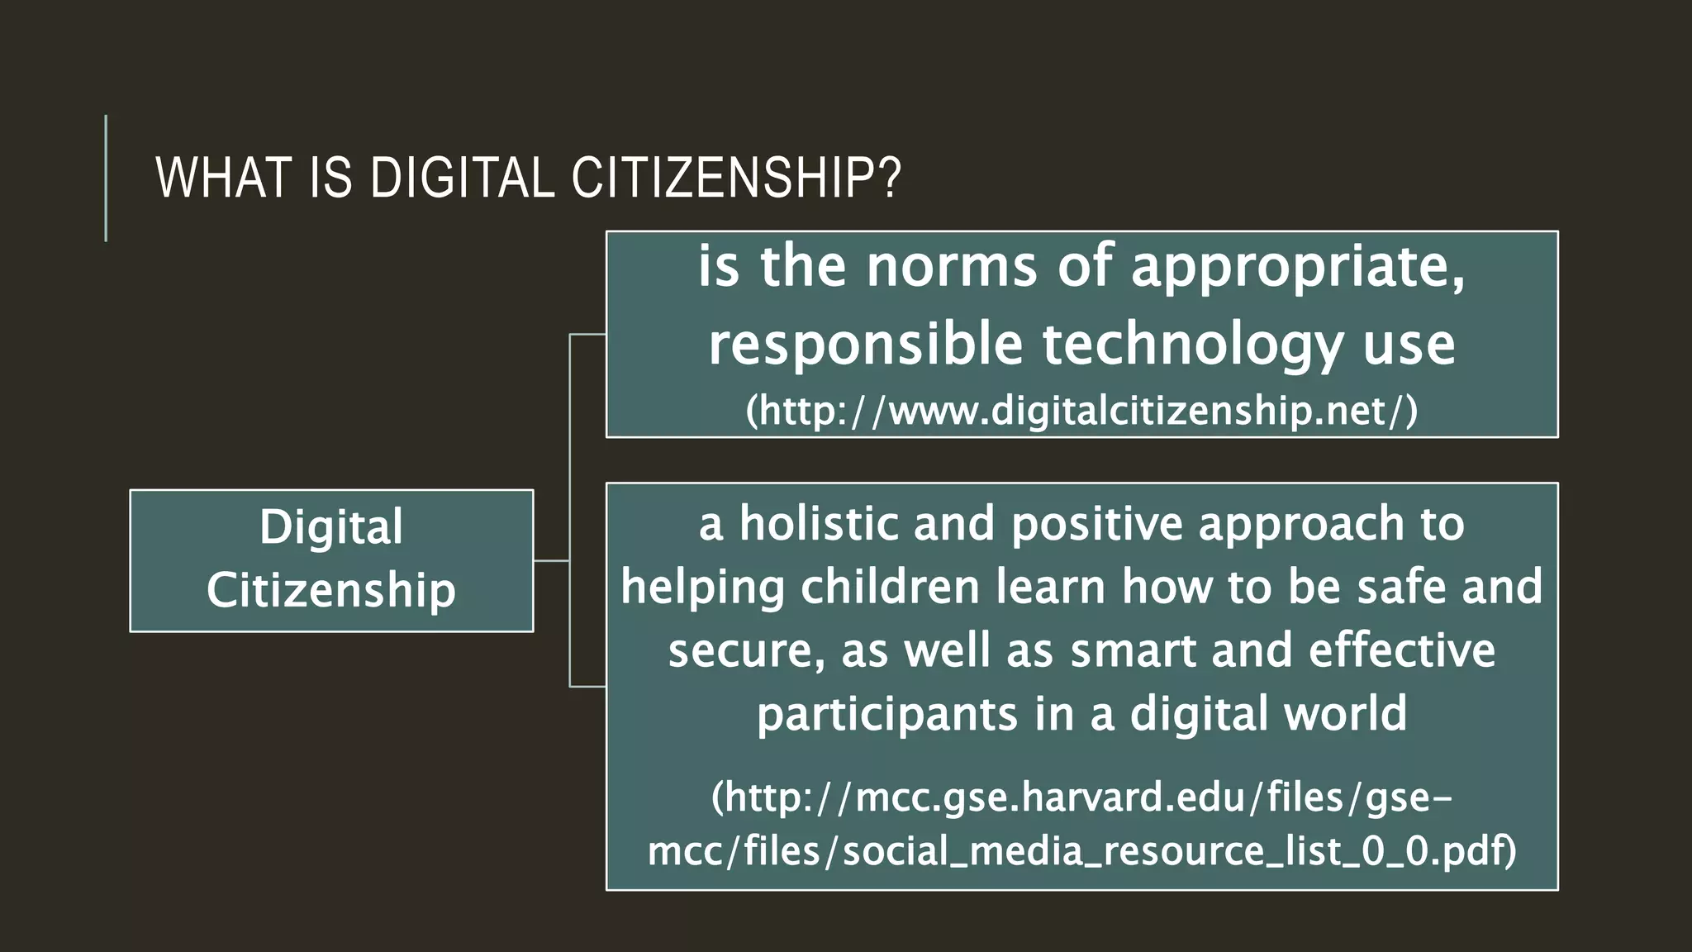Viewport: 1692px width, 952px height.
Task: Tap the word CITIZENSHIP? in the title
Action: coord(736,178)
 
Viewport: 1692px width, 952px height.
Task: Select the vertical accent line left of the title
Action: coord(106,178)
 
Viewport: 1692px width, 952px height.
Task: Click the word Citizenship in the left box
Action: coord(331,590)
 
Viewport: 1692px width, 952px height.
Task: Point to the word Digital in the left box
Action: coord(331,527)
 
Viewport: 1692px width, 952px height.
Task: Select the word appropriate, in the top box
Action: coord(1298,267)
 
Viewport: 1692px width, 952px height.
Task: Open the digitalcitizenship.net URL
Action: coord(1081,411)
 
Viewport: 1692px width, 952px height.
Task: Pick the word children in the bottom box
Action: coord(890,588)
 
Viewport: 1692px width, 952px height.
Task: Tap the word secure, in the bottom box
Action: coord(746,650)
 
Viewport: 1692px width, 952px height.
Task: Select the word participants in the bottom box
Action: coord(886,714)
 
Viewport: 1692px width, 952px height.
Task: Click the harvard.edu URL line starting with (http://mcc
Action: coord(1081,797)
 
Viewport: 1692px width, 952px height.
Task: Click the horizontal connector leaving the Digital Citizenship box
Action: coord(551,560)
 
